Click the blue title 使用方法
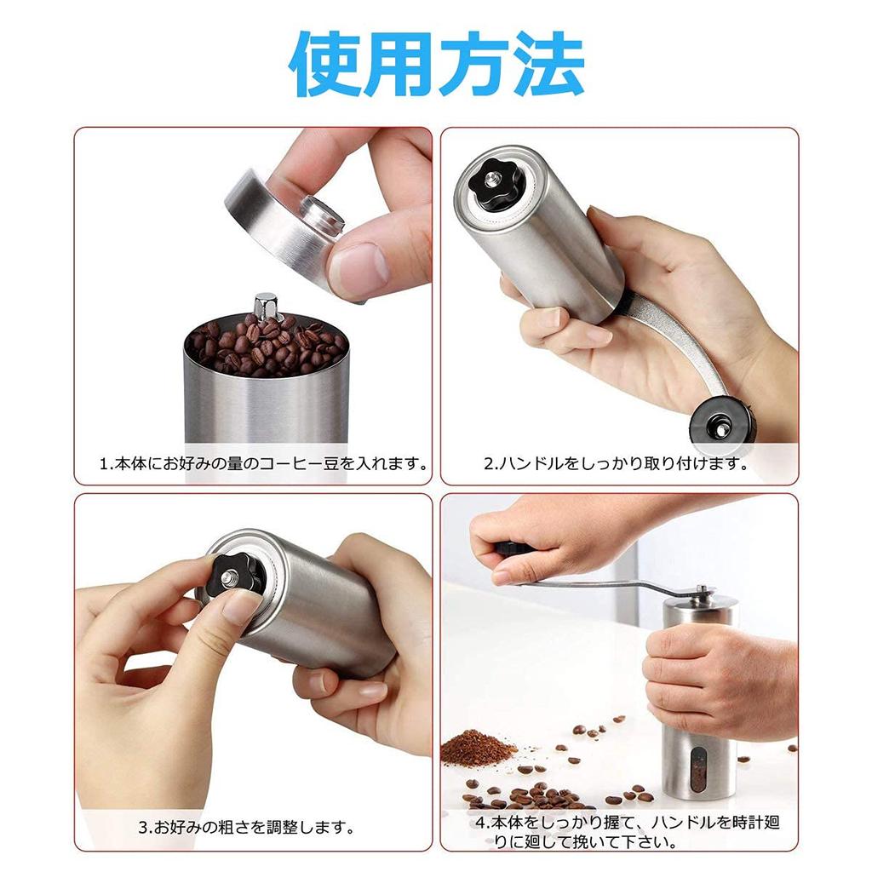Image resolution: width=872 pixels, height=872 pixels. click(x=437, y=66)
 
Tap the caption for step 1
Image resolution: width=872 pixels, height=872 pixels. click(x=263, y=464)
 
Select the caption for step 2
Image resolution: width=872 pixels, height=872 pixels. click(x=616, y=464)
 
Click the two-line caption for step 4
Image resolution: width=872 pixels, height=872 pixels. click(x=627, y=832)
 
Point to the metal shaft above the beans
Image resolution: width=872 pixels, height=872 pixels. click(x=266, y=307)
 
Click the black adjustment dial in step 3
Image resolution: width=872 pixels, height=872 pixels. click(x=235, y=579)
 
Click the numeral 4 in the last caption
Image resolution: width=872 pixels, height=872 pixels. click(x=480, y=824)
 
